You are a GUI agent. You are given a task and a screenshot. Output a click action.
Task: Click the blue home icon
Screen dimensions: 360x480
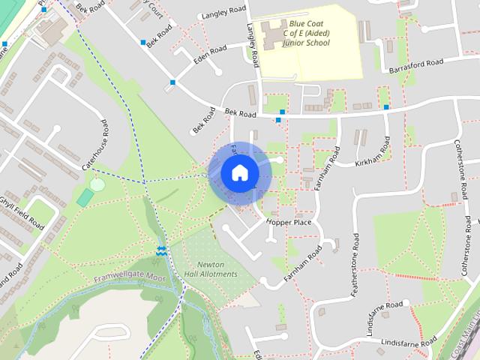coord(240,173)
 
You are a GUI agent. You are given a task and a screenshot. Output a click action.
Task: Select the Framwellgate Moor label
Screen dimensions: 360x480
coord(129,278)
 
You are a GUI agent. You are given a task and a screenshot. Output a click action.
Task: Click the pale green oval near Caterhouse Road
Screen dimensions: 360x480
coord(97,184)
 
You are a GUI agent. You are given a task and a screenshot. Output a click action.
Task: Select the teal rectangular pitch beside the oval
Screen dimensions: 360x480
coord(85,198)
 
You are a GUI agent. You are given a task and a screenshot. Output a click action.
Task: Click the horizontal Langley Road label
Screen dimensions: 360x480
coord(223,14)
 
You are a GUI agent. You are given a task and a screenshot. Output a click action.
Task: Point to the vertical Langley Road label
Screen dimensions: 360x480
coord(252,45)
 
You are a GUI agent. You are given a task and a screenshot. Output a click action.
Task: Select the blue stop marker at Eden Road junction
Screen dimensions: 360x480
coord(172,82)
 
